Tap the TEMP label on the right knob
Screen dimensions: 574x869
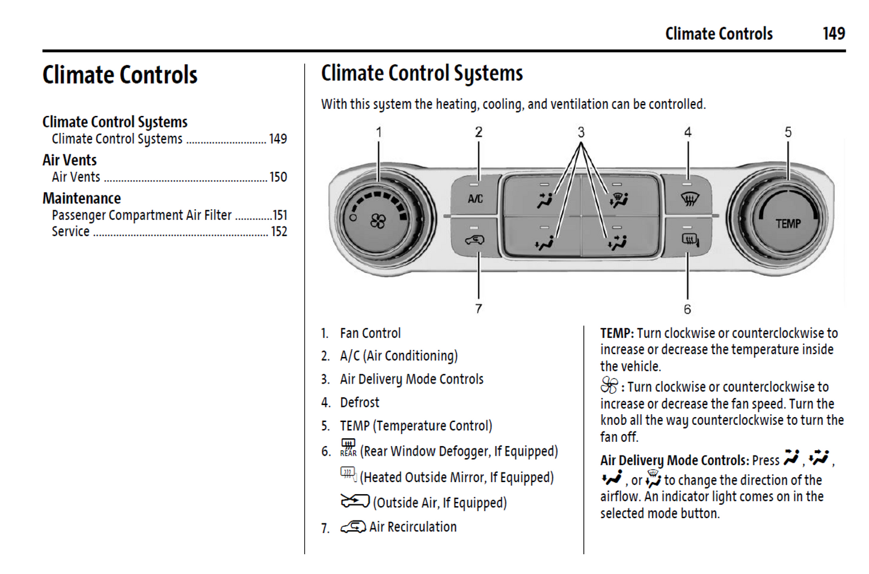click(788, 224)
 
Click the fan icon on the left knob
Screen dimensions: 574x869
click(378, 222)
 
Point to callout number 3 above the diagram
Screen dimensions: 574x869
click(581, 132)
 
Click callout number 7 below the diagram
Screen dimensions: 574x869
click(479, 308)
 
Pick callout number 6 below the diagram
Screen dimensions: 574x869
click(687, 309)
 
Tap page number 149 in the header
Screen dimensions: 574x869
click(834, 34)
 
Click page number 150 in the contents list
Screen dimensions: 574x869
click(278, 177)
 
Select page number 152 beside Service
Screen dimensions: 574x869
click(278, 232)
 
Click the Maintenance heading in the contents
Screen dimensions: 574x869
click(82, 198)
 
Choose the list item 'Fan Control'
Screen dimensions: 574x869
click(370, 334)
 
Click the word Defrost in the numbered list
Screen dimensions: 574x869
click(360, 403)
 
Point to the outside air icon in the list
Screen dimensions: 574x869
click(355, 501)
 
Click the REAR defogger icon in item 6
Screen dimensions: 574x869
click(348, 448)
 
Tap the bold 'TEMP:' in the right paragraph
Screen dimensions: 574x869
click(616, 334)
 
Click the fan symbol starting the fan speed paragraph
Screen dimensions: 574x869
click(609, 385)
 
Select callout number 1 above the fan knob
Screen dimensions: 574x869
click(379, 132)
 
